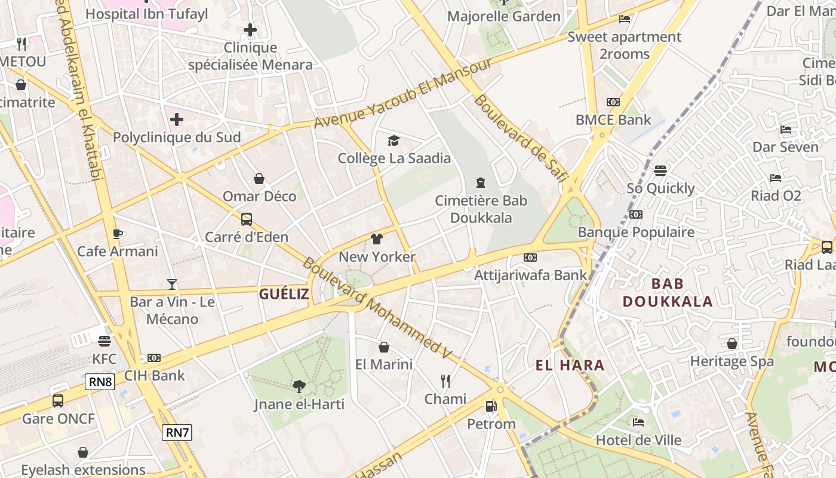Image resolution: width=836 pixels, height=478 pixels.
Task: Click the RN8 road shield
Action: [x=100, y=382]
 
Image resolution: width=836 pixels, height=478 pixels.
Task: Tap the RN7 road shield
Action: [x=177, y=433]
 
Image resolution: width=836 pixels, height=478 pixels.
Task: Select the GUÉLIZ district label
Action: [x=284, y=294]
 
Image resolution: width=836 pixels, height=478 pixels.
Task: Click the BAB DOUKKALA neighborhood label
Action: [x=668, y=292]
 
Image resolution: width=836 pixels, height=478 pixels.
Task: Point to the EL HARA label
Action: [x=570, y=365]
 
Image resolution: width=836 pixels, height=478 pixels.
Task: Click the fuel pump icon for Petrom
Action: [x=491, y=406]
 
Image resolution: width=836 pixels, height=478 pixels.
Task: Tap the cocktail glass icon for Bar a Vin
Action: [x=172, y=284]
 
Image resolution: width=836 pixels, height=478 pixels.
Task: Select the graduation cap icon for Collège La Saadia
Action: [x=394, y=140]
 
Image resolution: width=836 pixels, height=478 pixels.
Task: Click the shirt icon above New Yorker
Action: [x=377, y=239]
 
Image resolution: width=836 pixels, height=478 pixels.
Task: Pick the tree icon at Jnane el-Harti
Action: [x=299, y=387]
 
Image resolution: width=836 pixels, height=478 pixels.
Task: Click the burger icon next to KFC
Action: [x=105, y=341]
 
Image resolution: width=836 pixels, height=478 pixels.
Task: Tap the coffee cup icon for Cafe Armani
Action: [x=118, y=233]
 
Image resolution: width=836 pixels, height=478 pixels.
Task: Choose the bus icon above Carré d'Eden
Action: [x=247, y=219]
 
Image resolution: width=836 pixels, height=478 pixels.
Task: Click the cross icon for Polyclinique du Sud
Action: [x=177, y=119]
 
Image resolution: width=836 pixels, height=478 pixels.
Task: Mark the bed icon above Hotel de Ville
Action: [x=638, y=422]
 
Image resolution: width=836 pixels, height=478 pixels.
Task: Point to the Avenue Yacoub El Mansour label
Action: [x=403, y=93]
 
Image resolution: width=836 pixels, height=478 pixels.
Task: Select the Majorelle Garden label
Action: [x=503, y=16]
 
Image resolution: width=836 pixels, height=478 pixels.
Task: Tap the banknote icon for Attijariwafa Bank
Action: [x=530, y=258]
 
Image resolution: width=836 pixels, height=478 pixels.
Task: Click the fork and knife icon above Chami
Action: [x=445, y=381]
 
